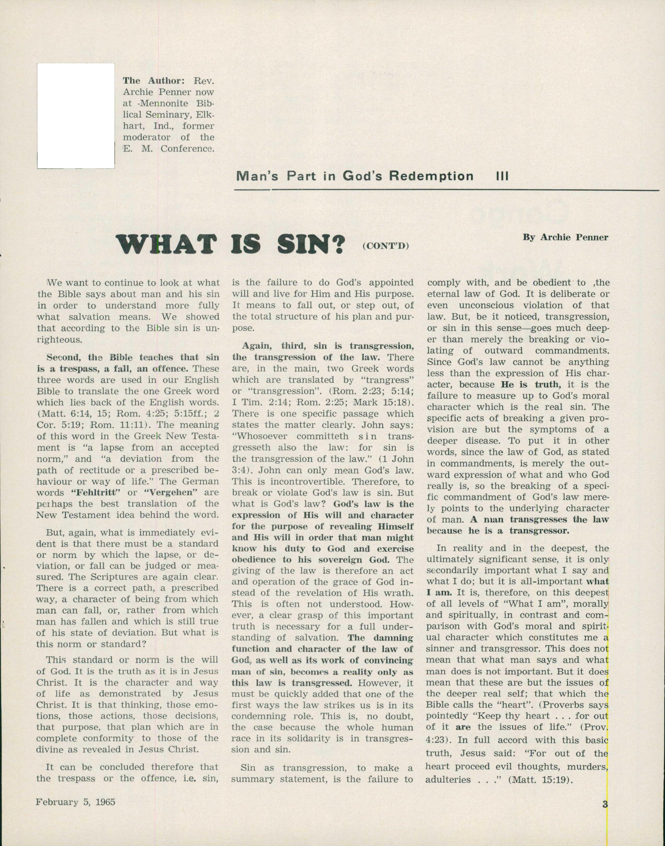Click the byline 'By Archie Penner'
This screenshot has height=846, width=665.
tap(565, 237)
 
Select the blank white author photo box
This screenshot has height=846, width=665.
tap(76, 116)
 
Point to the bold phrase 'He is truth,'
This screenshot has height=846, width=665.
tap(531, 384)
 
